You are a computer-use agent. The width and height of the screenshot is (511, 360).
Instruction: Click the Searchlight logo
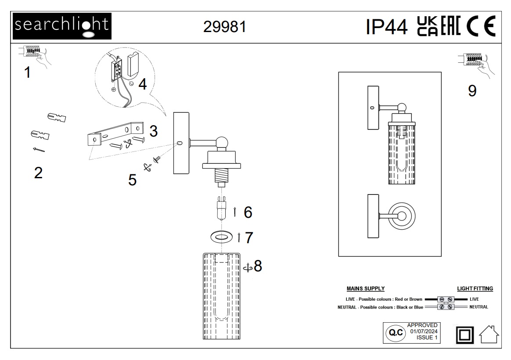click(x=62, y=26)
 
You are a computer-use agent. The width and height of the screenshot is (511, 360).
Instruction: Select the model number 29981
click(x=224, y=27)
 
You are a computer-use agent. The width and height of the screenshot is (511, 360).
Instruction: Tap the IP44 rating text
click(x=386, y=27)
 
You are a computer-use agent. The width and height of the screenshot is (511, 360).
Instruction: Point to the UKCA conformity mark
click(x=427, y=26)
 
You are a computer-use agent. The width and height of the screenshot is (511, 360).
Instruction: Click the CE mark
click(x=481, y=26)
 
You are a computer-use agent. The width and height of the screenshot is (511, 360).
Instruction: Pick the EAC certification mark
click(x=451, y=26)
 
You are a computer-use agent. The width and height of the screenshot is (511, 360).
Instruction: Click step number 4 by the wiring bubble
click(x=143, y=84)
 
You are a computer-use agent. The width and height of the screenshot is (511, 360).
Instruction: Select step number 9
click(x=472, y=90)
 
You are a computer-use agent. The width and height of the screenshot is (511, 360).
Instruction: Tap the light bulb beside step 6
click(x=222, y=209)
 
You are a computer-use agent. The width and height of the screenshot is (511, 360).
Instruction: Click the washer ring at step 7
click(x=222, y=236)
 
